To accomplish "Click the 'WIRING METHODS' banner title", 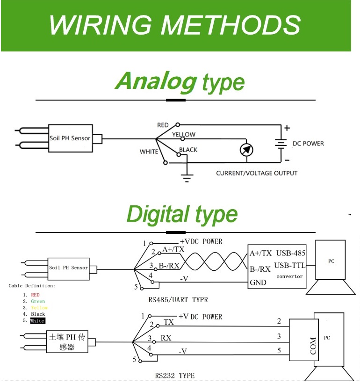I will click(x=175, y=25).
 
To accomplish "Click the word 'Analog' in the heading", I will click(x=156, y=81).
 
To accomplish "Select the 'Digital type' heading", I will click(x=182, y=215).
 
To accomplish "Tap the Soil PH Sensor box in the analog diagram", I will click(x=70, y=138).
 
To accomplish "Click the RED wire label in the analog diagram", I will click(x=163, y=125).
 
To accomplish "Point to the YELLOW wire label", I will click(x=184, y=135).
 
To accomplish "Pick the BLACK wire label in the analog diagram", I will click(x=188, y=150).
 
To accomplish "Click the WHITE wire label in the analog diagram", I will click(x=149, y=152).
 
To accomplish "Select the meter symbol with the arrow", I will click(x=246, y=150).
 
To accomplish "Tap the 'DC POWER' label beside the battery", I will click(x=308, y=144).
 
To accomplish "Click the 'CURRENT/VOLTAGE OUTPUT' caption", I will click(x=257, y=173).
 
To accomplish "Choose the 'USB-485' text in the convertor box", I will click(x=291, y=254).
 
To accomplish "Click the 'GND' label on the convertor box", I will click(x=258, y=283).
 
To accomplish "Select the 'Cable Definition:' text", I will click(x=32, y=285).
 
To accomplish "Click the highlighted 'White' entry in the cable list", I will click(x=37, y=321).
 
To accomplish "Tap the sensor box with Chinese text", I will click(x=68, y=342).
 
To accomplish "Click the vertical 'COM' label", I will click(x=313, y=346).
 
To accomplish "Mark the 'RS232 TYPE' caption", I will click(x=174, y=376).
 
